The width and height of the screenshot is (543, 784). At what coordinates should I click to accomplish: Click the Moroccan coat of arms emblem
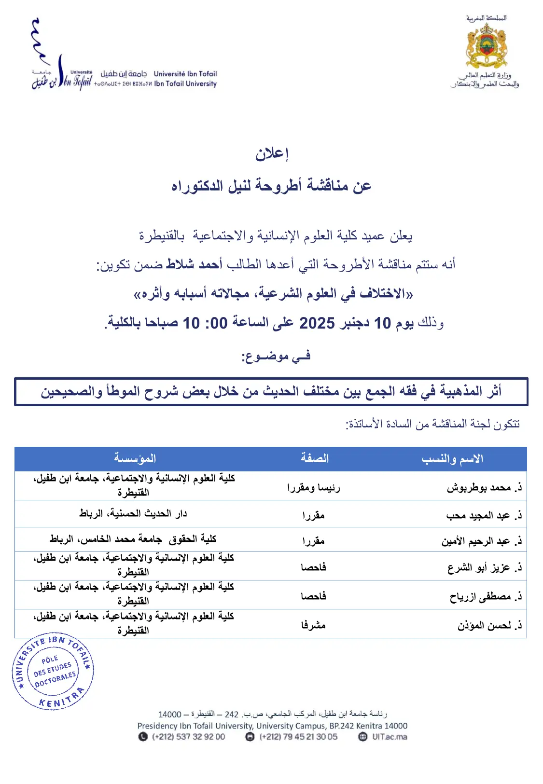click(x=486, y=46)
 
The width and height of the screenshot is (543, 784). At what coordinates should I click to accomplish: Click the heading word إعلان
click(x=272, y=154)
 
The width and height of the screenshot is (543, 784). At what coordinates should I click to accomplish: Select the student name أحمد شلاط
click(x=194, y=264)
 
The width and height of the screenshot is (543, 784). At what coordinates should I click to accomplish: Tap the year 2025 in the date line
click(x=317, y=323)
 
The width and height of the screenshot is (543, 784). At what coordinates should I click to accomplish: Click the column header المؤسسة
click(x=135, y=458)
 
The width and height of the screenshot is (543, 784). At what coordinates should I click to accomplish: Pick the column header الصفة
click(x=315, y=458)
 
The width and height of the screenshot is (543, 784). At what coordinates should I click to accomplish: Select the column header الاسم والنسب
click(x=452, y=458)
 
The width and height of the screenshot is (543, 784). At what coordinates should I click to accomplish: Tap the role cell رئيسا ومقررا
click(x=314, y=488)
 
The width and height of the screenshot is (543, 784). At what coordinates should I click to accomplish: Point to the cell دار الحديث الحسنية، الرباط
click(x=133, y=514)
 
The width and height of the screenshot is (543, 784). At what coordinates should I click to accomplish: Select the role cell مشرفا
click(x=314, y=625)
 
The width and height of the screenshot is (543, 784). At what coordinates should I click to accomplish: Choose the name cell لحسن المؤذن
click(x=489, y=626)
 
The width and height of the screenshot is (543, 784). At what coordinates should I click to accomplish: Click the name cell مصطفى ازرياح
click(x=485, y=597)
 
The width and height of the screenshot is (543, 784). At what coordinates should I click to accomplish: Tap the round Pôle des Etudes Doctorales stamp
click(x=53, y=671)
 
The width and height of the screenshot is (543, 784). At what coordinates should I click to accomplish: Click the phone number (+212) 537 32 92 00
click(x=188, y=737)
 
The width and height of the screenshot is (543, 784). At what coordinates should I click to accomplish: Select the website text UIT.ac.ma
click(x=390, y=737)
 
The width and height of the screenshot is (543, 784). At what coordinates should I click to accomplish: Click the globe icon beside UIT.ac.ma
click(x=363, y=737)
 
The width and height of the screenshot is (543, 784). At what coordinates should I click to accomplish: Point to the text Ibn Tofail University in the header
click(x=185, y=83)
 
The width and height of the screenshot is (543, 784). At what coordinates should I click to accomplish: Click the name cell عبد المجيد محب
click(x=483, y=515)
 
